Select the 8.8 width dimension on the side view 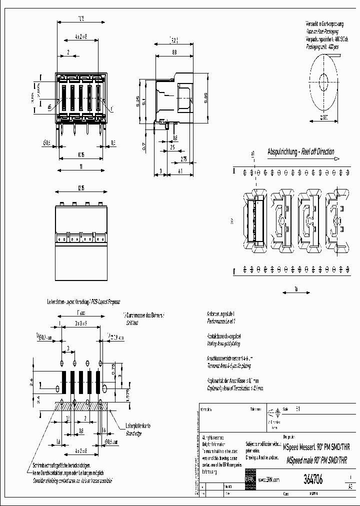click(x=173, y=52)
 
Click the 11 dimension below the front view click(x=81, y=167)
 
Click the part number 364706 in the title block click(x=313, y=479)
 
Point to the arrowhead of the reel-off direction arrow click(x=338, y=158)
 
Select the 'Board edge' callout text click(x=133, y=433)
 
